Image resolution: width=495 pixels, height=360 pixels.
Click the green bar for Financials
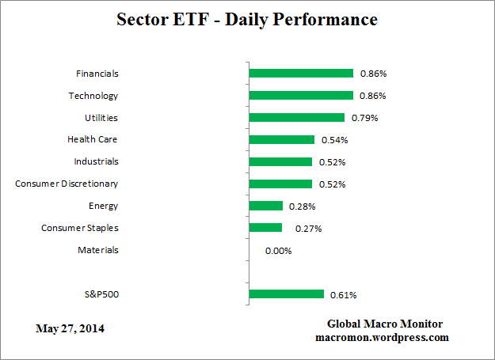301,74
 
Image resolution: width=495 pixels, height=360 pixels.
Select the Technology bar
301,96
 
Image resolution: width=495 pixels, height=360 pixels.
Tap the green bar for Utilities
296,118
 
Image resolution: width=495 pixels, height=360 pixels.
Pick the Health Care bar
281,140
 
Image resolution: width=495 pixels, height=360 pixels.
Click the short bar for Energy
265,206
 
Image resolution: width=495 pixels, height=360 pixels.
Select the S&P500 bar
286,294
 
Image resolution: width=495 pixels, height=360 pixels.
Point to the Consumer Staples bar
265,228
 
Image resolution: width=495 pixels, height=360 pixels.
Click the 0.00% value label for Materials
279,251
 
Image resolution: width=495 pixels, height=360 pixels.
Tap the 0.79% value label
364,119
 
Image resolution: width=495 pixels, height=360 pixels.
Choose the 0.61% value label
344,295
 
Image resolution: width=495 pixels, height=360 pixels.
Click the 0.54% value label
334,141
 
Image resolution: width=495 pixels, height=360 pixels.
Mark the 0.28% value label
303,207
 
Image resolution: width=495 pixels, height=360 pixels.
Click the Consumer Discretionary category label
67,184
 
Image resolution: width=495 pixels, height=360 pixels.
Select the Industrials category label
96,161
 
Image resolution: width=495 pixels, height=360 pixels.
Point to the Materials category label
97,250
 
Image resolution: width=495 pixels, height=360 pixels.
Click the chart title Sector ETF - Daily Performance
247,19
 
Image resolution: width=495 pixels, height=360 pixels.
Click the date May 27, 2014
70,328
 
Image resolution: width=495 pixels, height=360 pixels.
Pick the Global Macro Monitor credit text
384,324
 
